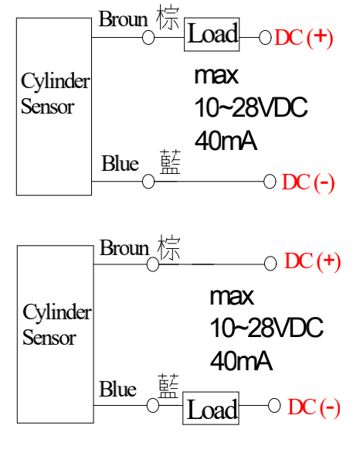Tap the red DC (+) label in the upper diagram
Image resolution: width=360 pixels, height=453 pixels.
tap(304, 38)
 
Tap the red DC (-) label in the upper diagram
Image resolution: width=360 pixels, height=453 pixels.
tap(307, 182)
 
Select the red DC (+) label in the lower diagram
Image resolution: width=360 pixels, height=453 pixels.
tap(312, 261)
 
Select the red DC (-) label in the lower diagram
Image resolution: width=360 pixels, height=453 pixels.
tap(314, 407)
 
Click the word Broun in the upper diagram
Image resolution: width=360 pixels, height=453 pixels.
tap(124, 19)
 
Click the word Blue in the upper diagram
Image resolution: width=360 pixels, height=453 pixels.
tap(120, 163)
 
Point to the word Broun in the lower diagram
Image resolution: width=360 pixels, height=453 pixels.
tap(124, 247)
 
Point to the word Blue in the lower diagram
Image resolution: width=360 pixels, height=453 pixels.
tap(117, 389)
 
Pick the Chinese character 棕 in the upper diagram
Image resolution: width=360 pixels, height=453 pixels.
tap(168, 17)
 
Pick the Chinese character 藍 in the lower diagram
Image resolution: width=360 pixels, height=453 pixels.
tap(168, 386)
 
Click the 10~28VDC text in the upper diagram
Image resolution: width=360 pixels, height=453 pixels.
tap(251, 107)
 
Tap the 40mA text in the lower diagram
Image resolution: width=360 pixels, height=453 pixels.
tap(241, 361)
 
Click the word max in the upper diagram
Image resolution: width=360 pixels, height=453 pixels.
tap(216, 76)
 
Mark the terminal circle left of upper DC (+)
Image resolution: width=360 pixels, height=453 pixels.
tap(265, 38)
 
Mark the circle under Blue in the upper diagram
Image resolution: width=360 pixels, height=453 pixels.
tap(148, 182)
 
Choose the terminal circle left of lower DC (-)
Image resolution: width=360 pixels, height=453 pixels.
tap(274, 405)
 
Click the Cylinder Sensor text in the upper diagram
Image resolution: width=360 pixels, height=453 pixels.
tap(55, 94)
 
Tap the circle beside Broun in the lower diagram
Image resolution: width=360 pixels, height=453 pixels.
tap(153, 264)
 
